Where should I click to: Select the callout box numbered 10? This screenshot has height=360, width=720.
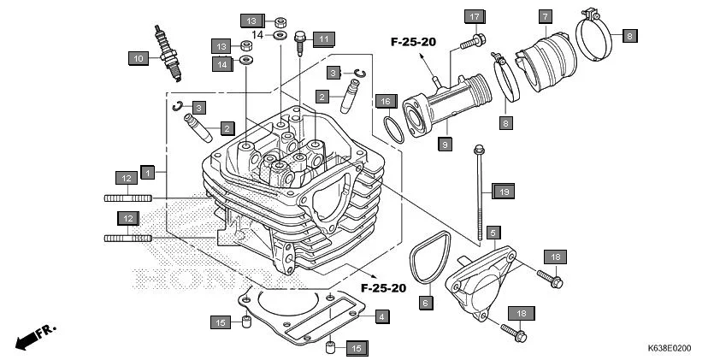(x=138, y=58)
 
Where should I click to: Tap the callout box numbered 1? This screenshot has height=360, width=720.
(x=148, y=173)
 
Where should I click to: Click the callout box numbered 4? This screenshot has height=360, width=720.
(x=382, y=316)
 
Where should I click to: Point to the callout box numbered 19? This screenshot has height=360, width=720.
(x=504, y=192)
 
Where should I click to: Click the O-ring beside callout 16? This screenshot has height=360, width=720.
(x=394, y=132)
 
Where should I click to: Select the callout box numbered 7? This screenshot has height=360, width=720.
(x=545, y=16)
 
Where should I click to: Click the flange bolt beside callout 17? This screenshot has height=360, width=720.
(x=470, y=40)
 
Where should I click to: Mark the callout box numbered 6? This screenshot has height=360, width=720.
(x=425, y=302)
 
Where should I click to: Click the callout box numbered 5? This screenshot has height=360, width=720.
(x=493, y=233)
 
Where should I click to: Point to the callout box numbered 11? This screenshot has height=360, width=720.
(x=324, y=38)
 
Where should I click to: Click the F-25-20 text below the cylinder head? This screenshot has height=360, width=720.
(x=383, y=287)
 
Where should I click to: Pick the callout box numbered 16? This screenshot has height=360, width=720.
(x=383, y=101)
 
